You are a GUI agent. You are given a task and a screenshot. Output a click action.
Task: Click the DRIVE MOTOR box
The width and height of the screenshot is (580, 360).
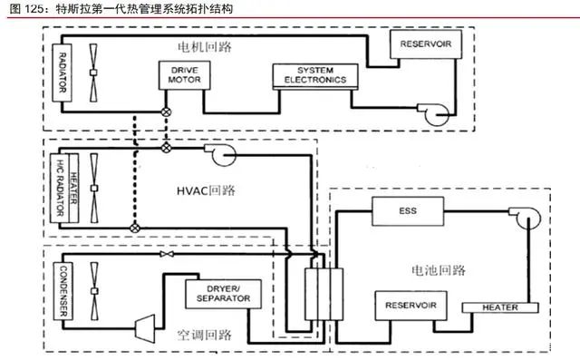(x=184, y=75)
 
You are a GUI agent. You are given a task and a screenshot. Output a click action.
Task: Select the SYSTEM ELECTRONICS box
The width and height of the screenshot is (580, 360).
(x=315, y=76)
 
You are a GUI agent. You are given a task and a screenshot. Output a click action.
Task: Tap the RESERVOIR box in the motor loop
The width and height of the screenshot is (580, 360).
(x=426, y=44)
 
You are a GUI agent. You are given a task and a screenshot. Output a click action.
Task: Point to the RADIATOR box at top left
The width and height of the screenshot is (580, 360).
(x=63, y=73)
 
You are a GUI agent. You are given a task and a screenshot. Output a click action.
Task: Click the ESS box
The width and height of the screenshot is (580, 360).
(x=408, y=211)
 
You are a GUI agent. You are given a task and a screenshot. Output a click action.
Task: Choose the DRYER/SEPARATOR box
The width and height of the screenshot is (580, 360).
(x=223, y=294)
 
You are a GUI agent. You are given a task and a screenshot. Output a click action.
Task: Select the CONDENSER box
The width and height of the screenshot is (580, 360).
(x=63, y=291)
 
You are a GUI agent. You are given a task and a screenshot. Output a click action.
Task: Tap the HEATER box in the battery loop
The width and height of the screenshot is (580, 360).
(x=500, y=307)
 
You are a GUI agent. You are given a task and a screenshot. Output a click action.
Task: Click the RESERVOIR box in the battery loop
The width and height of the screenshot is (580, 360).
(x=411, y=306)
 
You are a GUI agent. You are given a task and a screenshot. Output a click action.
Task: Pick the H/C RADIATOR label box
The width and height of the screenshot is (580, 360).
(x=59, y=188)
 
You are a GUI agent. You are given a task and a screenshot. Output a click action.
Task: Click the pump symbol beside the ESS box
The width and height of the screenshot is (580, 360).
(x=526, y=217)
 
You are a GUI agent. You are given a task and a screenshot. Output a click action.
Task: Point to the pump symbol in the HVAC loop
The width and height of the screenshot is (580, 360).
(x=221, y=154)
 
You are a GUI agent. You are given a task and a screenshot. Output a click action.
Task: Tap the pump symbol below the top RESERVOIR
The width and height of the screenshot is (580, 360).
(x=435, y=114)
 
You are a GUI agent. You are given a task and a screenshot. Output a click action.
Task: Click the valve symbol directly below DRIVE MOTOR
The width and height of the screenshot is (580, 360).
(x=166, y=112)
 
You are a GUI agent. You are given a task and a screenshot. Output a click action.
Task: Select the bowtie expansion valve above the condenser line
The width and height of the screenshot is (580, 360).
(x=167, y=254)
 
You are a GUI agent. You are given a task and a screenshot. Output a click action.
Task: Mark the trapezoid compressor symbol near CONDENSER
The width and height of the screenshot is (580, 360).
(x=145, y=328)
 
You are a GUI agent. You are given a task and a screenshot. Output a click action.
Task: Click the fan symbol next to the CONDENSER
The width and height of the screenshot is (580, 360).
(x=94, y=291)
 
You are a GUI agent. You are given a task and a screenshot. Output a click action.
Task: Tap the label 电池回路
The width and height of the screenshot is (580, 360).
(x=439, y=270)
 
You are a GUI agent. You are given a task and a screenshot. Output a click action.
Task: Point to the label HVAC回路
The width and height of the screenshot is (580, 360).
(x=206, y=190)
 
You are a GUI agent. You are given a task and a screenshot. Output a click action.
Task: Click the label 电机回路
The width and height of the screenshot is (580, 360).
(x=205, y=47)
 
